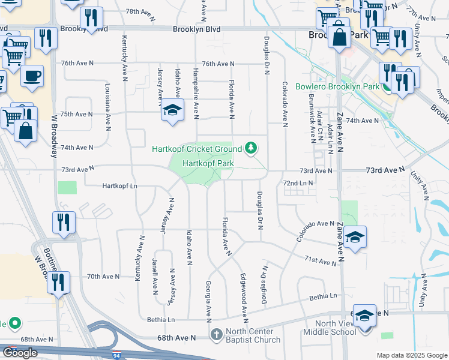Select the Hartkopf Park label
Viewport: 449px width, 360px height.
(207, 163)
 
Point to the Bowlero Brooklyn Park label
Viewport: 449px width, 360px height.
(337, 86)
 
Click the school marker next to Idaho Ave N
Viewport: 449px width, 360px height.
(172, 110)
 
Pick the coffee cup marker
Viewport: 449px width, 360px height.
(32, 76)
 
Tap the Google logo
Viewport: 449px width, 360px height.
(20, 353)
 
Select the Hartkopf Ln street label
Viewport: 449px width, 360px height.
(122, 186)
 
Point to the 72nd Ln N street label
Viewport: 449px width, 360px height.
(298, 182)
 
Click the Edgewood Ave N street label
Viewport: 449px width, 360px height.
(244, 296)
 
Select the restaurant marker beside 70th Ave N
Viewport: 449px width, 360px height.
(59, 282)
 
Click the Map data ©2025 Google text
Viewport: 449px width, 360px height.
(412, 355)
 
